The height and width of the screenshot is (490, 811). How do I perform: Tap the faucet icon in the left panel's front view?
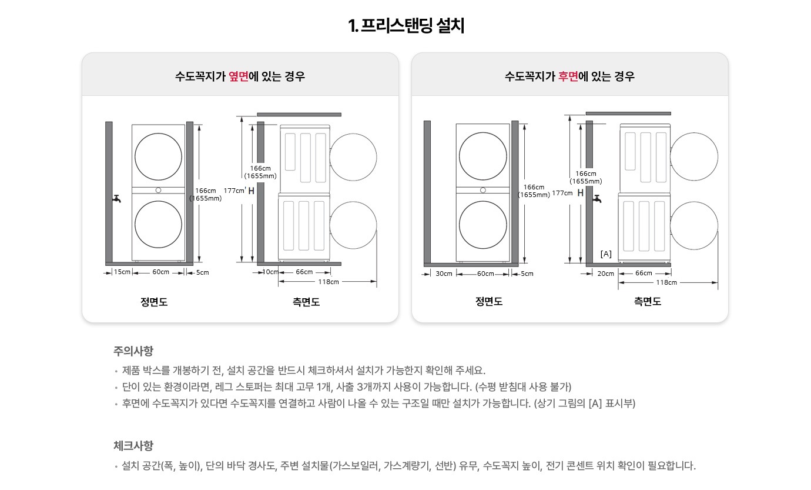point(117,199)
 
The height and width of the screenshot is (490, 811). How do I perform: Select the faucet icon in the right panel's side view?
point(598,199)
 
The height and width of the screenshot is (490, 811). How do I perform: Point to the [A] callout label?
point(606,254)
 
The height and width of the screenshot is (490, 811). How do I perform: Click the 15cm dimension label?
point(122,272)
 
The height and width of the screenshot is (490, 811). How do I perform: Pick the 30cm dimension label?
point(444,274)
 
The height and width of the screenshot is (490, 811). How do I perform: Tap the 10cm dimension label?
point(270,272)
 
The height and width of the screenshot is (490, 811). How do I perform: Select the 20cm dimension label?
point(605,274)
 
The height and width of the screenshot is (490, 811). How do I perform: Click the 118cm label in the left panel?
point(328,282)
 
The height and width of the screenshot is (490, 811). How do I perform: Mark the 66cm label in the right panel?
point(644,274)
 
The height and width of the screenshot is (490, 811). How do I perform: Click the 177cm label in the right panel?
point(562,193)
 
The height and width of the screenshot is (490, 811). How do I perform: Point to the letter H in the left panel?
point(252,191)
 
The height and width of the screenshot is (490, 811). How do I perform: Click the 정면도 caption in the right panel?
point(489,302)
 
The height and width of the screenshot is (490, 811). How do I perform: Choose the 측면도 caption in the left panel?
point(306,302)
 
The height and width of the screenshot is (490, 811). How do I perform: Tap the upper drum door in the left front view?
point(158,156)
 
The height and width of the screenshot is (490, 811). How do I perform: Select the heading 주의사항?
point(133,351)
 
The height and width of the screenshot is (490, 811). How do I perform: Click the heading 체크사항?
point(133,445)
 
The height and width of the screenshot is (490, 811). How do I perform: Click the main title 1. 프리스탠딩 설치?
point(405,26)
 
